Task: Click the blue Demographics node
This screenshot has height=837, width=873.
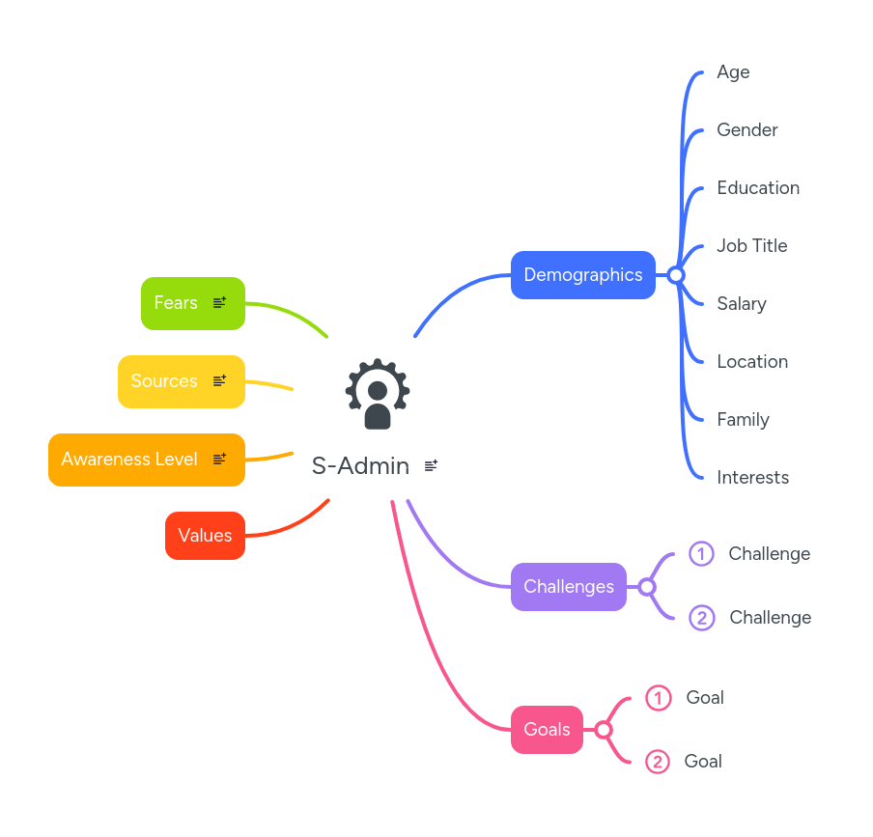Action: point(582,275)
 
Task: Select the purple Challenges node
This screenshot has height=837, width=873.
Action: point(568,587)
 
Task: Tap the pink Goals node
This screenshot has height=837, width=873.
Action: point(547,730)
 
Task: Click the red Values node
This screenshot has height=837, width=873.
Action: point(205,536)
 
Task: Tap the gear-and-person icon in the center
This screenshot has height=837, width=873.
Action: point(378,394)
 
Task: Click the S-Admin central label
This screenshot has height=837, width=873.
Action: point(360,466)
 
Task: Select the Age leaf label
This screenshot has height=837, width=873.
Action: point(733,72)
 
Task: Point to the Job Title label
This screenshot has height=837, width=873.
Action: point(751,246)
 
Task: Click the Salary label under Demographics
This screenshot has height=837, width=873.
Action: point(741,304)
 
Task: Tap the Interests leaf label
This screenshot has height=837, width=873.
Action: point(752,478)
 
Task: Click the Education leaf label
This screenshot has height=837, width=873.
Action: point(757,188)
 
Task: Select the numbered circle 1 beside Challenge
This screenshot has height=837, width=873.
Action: point(701,554)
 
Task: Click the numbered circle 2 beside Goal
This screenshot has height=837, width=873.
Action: point(658,762)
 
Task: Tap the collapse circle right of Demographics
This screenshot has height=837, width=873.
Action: point(676,275)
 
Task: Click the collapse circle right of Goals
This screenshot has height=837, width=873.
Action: point(604,730)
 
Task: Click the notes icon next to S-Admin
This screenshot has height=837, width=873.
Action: point(431,465)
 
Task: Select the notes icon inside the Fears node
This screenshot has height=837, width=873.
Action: point(219,302)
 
